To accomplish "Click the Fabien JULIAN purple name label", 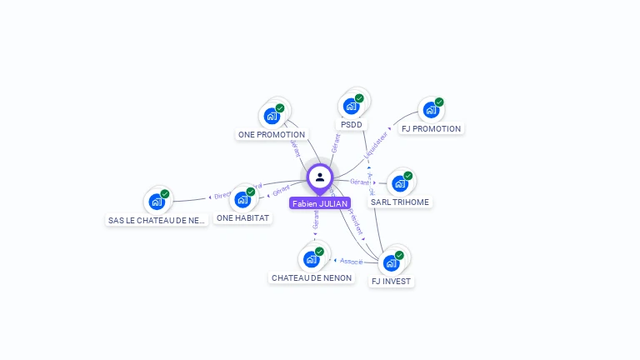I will [x=320, y=203].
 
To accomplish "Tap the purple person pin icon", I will [x=320, y=177].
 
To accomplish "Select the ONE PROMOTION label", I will [x=272, y=134].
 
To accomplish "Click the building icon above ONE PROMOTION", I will [x=272, y=116].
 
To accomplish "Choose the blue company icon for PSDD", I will [x=352, y=106].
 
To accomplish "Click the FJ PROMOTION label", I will [x=431, y=129].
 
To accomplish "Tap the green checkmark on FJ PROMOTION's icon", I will [x=439, y=102].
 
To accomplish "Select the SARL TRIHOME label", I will [x=400, y=202].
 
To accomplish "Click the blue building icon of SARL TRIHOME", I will [x=400, y=183].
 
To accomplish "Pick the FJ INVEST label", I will [x=392, y=282].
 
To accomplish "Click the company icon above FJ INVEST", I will [x=391, y=262].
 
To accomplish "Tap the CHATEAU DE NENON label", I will [x=312, y=277].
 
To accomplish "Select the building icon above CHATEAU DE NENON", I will [x=312, y=258].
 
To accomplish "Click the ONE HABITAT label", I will [x=242, y=217].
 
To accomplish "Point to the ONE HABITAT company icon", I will [x=242, y=199].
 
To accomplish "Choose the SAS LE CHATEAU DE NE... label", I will [x=157, y=221].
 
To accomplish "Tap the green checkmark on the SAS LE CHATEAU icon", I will [x=165, y=193].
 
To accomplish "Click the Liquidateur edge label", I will [x=377, y=142].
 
